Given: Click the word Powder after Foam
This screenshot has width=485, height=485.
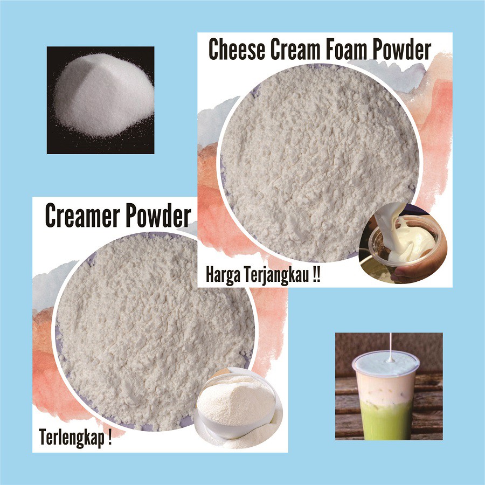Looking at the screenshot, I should pos(401,50).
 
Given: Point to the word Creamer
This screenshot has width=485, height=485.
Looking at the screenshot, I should pos(83,217).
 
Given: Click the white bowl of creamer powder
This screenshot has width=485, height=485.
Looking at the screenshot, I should pos(237,404).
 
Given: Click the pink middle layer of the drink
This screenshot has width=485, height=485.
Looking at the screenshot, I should pos(388,388).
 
